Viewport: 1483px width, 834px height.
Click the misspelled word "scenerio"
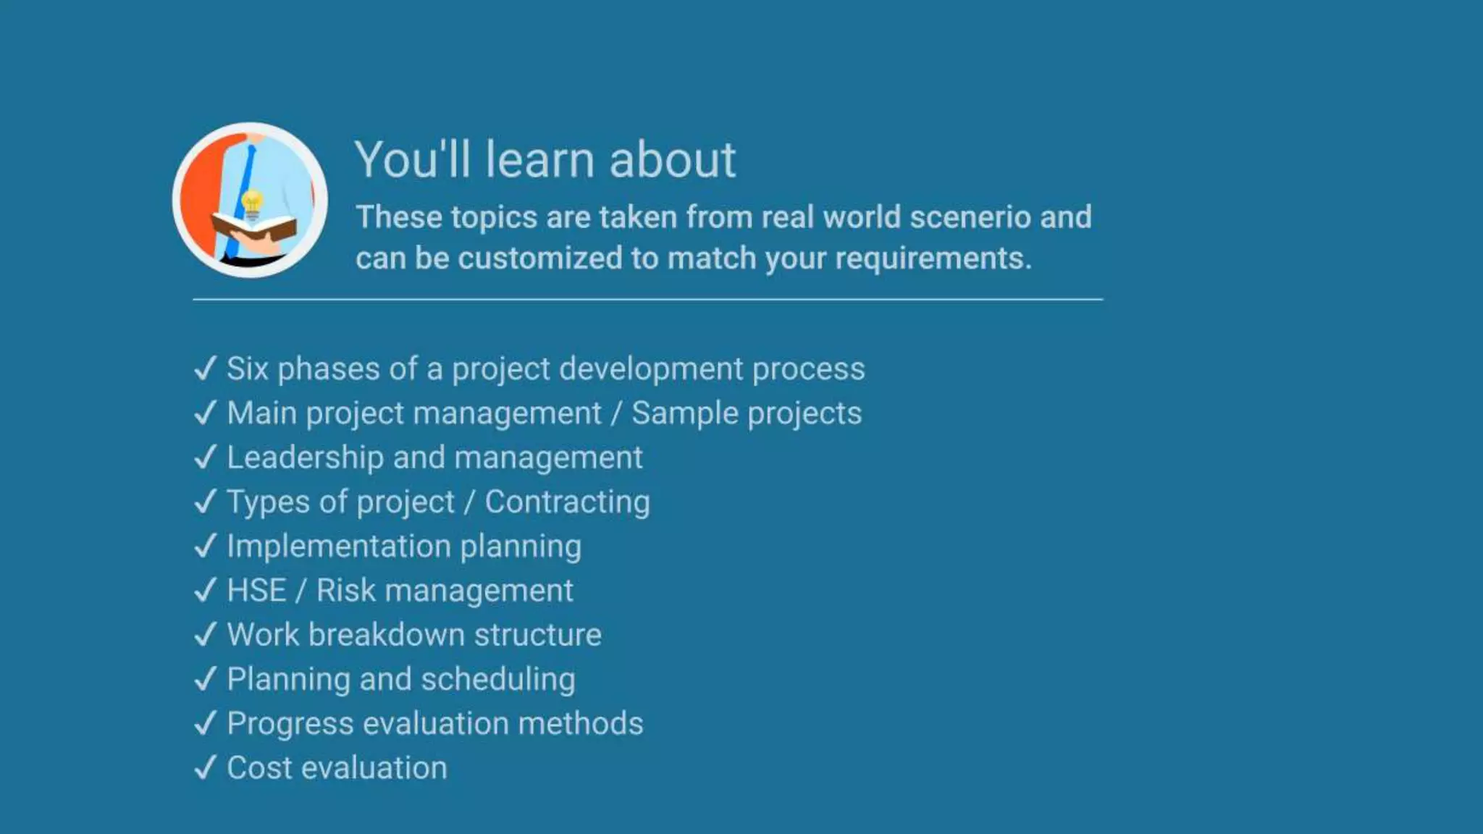(x=970, y=217)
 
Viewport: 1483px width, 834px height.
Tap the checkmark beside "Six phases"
(x=206, y=368)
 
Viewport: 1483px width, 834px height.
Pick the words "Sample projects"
(x=746, y=413)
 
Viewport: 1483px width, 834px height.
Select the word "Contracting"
(x=567, y=502)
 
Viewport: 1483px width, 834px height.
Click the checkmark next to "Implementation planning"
(x=206, y=545)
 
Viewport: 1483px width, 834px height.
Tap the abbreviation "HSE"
(x=256, y=591)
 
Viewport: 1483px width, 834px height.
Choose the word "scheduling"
(x=498, y=680)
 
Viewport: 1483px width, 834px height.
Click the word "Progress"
(x=290, y=724)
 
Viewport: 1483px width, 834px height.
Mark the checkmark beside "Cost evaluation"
(x=206, y=767)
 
